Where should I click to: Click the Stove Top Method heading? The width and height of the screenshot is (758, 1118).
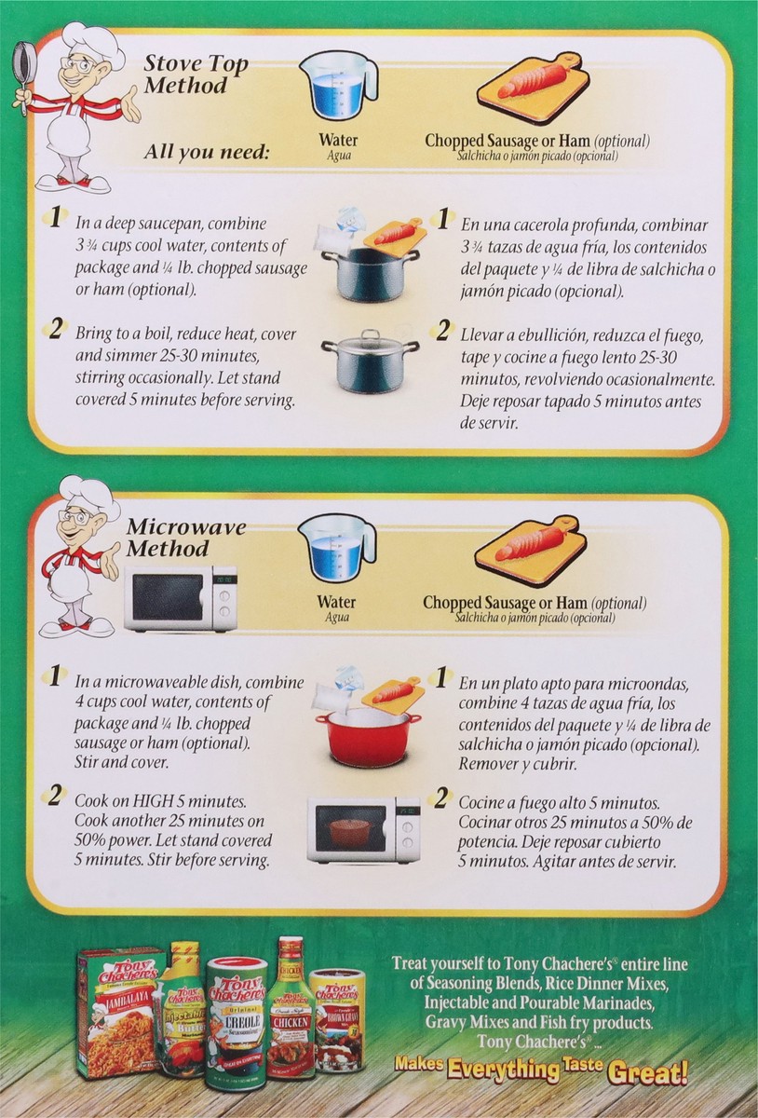click(x=196, y=75)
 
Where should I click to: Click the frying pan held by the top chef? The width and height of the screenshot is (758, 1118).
click(x=20, y=67)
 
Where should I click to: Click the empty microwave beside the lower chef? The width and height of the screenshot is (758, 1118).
click(x=180, y=597)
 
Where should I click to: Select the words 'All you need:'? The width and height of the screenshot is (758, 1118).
click(x=207, y=151)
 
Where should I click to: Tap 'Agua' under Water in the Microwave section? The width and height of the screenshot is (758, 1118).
click(x=337, y=618)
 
